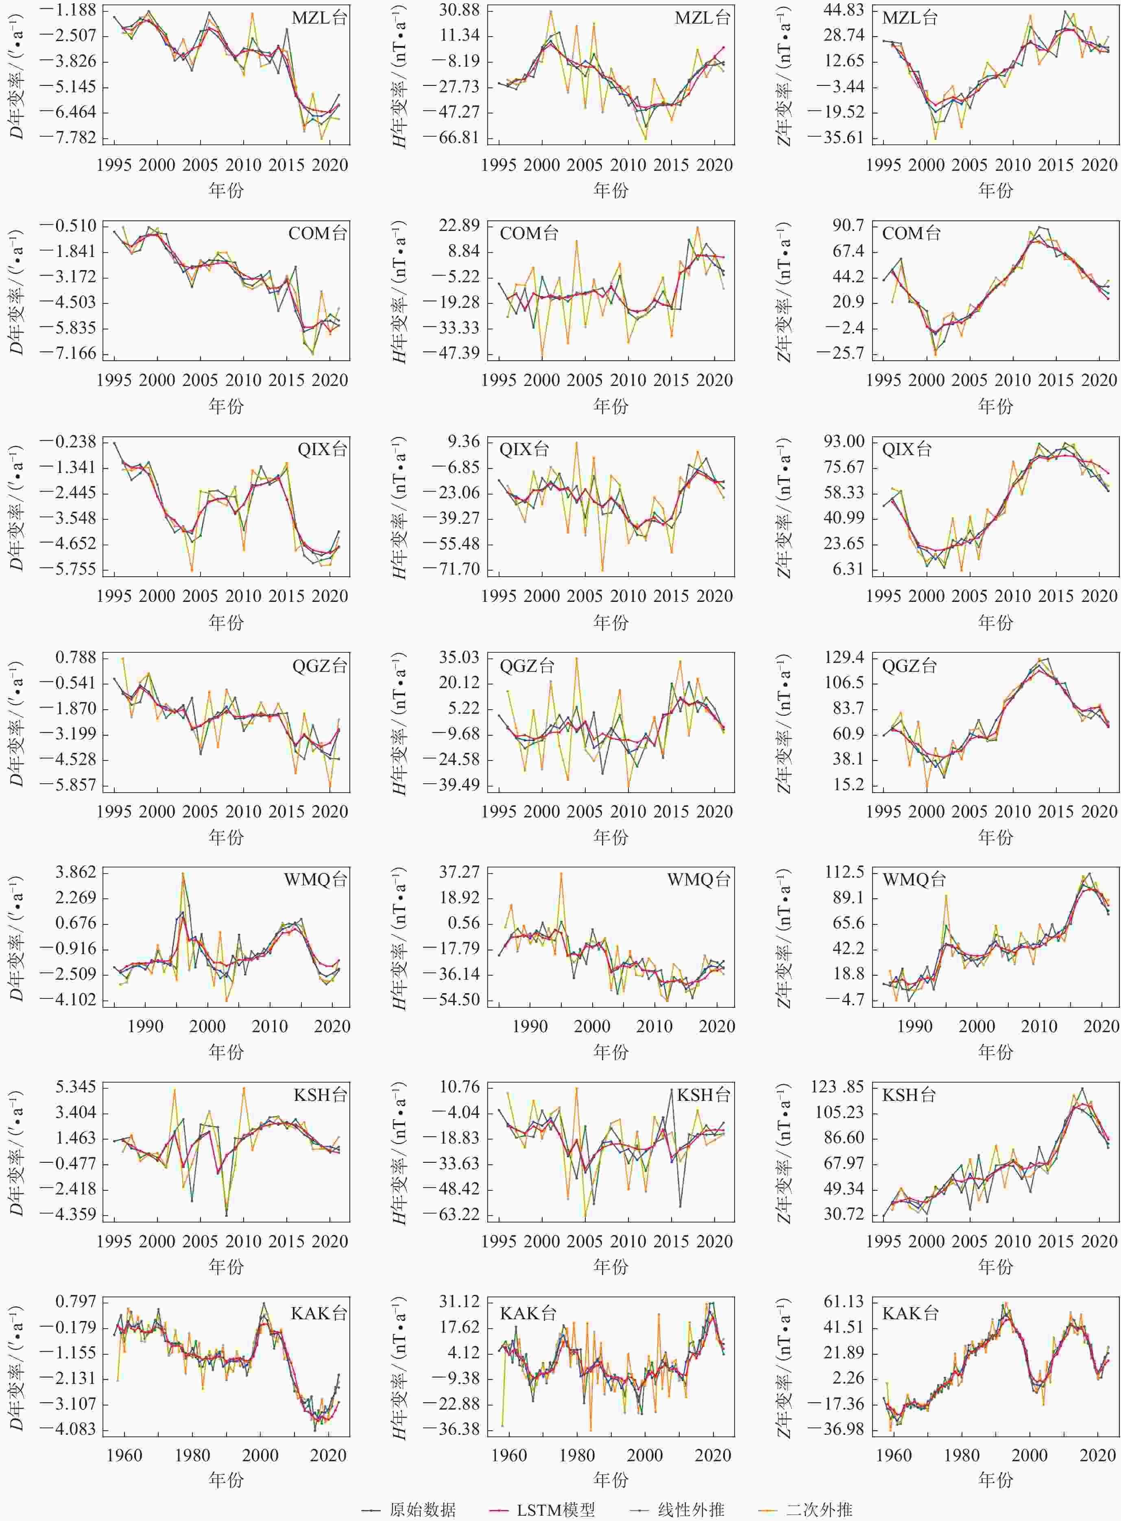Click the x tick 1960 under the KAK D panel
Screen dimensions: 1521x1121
coord(124,1455)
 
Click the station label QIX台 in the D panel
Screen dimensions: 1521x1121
coord(322,449)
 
